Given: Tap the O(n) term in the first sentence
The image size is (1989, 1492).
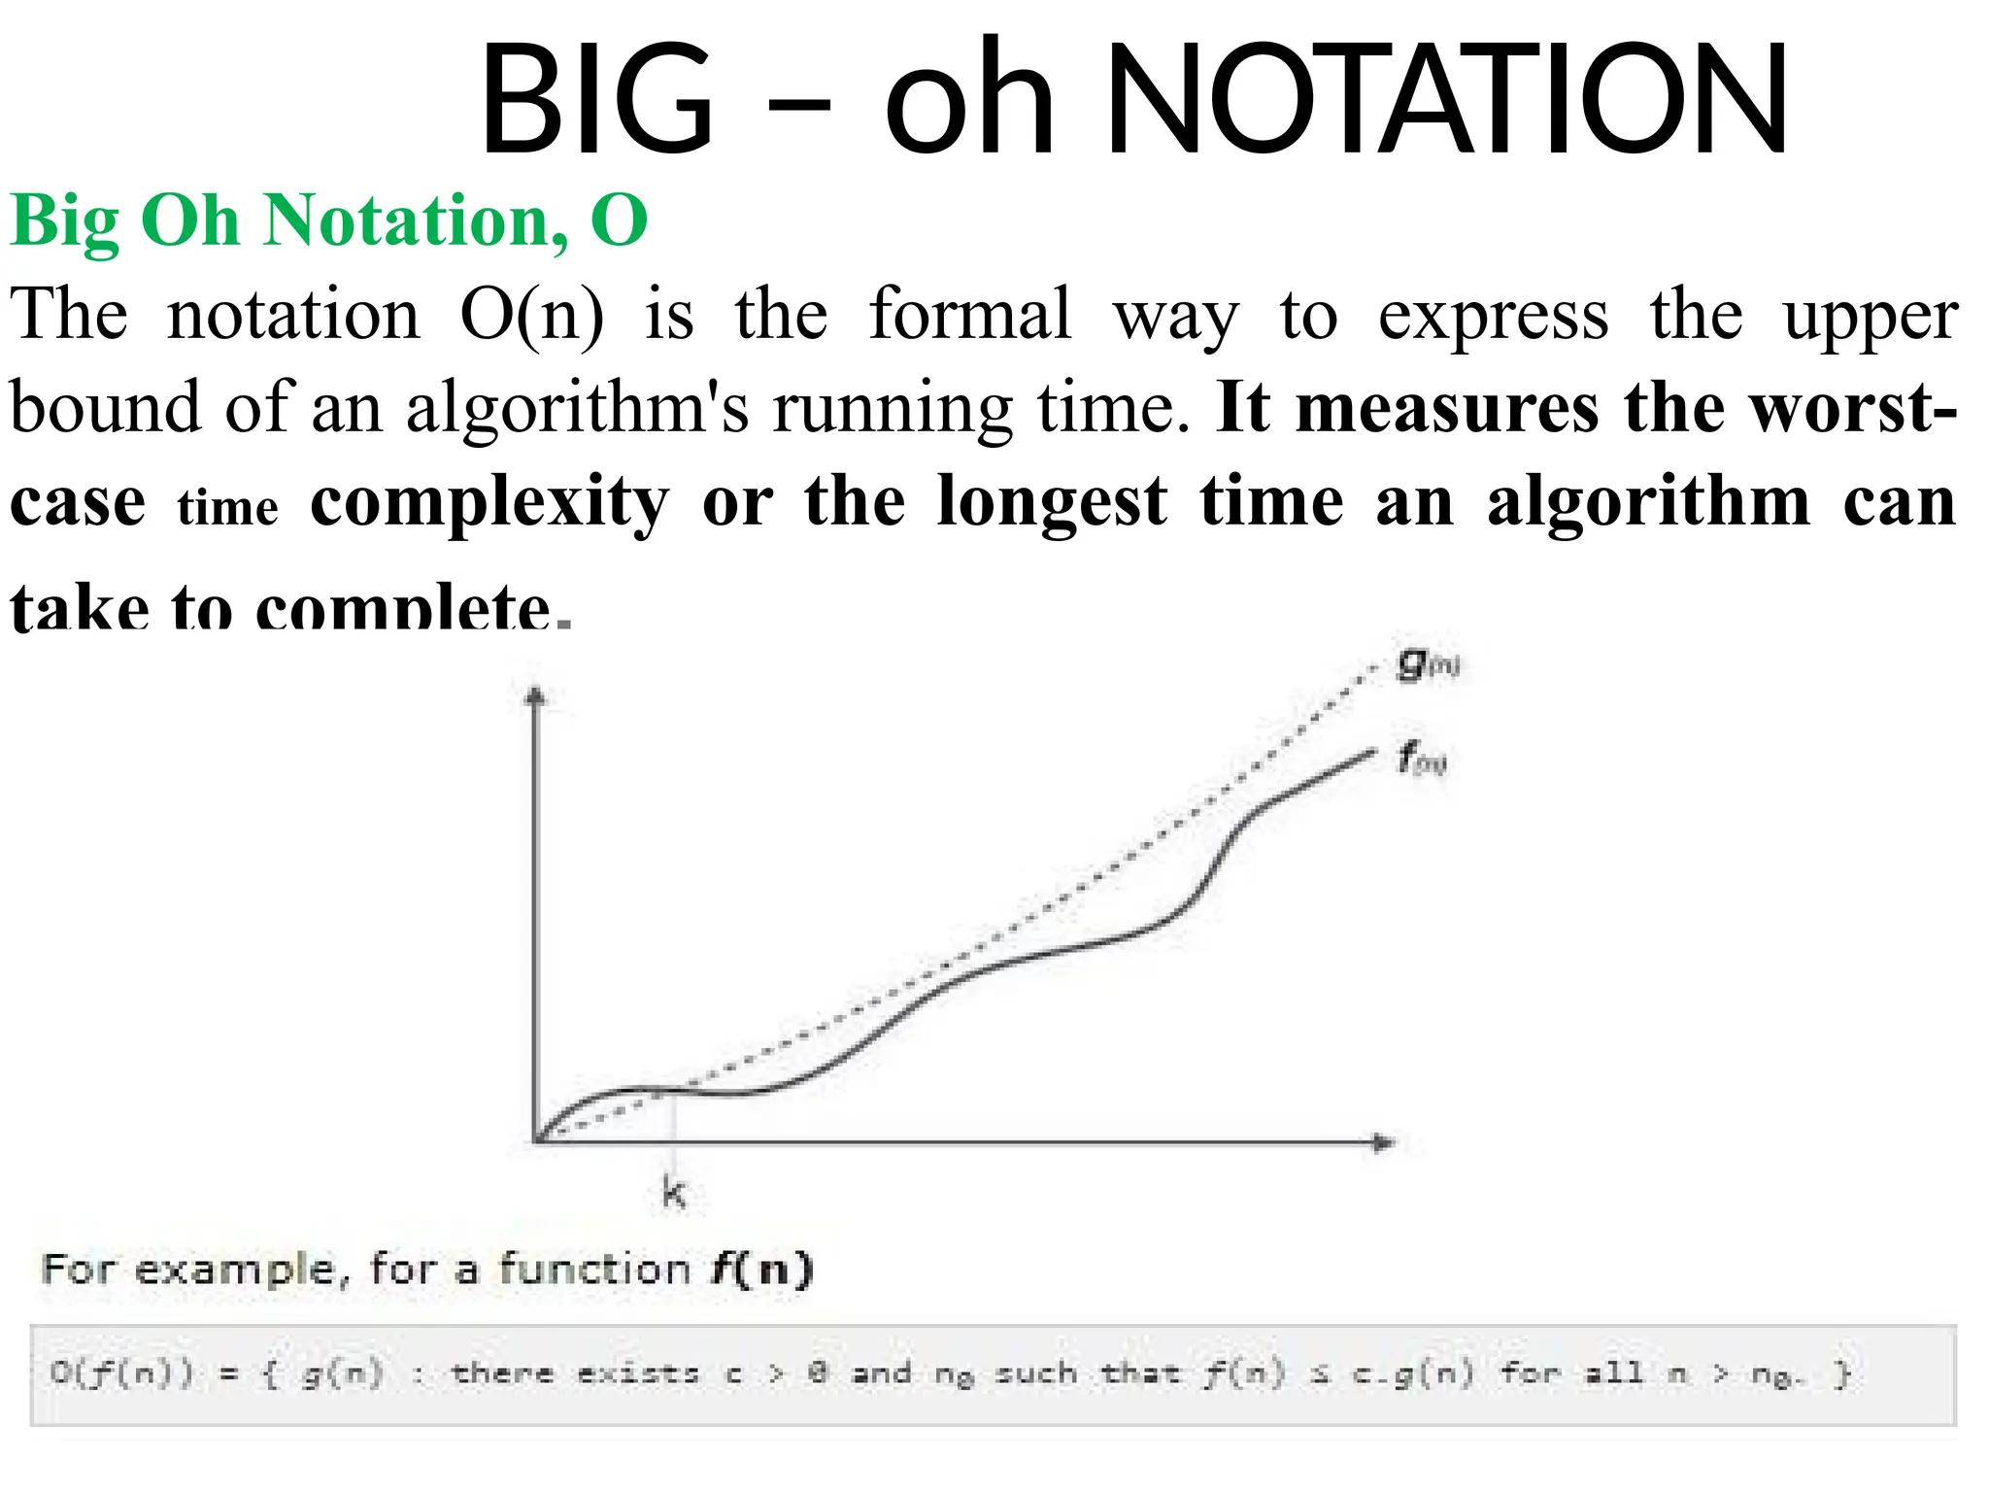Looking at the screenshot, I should point(532,315).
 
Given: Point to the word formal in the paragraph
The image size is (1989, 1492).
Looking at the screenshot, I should point(970,315).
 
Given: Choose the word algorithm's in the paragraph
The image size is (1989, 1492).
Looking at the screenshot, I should point(577,408).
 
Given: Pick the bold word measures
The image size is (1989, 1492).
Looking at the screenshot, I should point(1447,408).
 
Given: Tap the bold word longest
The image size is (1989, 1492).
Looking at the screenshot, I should point(1052,501).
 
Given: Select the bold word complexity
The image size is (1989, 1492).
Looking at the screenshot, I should point(489,501).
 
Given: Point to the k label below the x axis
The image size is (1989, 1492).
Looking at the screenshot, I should point(673,1192).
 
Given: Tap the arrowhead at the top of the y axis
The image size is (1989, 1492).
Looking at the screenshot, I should point(535,695).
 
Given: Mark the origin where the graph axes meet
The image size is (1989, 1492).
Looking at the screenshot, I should point(536,1141).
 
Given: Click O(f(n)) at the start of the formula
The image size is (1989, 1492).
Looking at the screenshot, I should point(121,1373).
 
